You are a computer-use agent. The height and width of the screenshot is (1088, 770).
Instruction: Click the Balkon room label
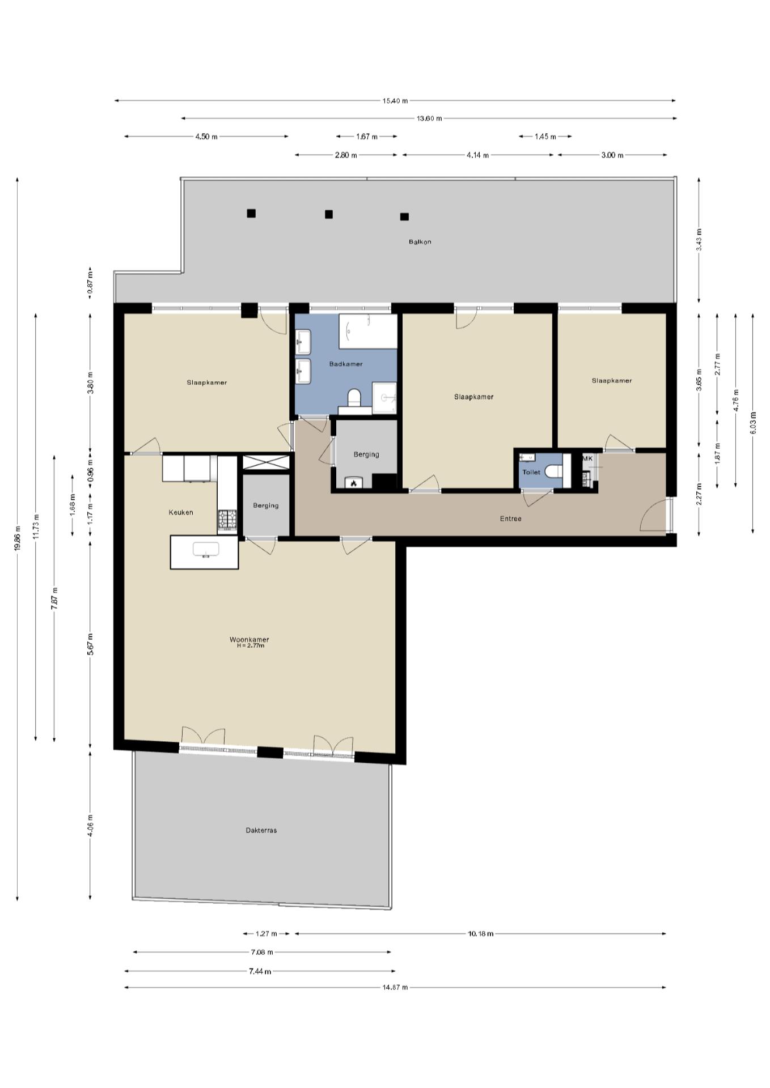420,242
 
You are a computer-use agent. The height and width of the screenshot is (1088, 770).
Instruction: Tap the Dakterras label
261,830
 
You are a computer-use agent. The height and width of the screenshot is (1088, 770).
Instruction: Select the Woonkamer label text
249,640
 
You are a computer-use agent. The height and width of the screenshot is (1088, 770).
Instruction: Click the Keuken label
181,512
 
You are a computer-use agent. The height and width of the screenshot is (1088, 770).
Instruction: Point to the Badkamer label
346,364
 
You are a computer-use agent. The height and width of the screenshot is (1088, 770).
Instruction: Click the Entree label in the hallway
510,518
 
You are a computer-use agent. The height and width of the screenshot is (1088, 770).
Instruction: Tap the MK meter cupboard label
587,458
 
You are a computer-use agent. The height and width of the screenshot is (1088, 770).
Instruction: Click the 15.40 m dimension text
395,101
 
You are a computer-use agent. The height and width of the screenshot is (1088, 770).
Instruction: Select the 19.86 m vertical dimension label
18,539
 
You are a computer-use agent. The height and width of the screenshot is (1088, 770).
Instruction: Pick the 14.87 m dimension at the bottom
395,987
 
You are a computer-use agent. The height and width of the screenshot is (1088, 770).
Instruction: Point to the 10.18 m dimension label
480,933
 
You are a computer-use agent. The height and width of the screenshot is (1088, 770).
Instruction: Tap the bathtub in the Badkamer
368,331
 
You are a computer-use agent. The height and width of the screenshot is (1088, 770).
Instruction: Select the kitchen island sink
205,549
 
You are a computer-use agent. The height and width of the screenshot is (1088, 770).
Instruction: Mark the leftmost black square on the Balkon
251,213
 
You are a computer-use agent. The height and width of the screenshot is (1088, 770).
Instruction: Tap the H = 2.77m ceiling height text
251,645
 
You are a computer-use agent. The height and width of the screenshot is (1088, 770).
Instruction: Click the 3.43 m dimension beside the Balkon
699,240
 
